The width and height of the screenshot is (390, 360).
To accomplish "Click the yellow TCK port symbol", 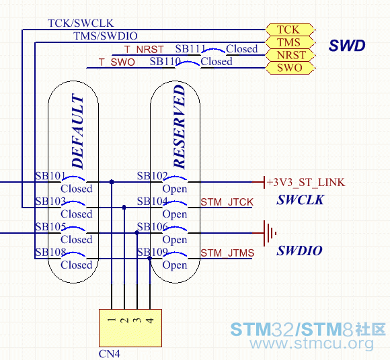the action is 290,30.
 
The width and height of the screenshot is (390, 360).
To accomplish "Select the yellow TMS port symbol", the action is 290,42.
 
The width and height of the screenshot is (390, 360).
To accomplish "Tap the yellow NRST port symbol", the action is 290,55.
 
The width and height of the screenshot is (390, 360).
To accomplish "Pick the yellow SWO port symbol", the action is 290,68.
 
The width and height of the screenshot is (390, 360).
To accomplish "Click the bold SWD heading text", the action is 347,46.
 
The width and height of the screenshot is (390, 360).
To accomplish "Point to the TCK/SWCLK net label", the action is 81,23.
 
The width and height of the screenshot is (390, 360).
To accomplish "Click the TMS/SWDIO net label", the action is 106,36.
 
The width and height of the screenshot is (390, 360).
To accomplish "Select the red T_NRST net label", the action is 144,50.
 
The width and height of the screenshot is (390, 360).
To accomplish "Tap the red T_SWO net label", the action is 117,62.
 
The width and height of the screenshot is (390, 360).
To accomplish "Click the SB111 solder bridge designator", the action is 190,49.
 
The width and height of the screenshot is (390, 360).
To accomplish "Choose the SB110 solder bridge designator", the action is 165,61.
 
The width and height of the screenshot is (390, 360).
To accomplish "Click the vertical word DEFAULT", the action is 77,131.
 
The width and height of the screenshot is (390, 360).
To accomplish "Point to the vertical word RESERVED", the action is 180,127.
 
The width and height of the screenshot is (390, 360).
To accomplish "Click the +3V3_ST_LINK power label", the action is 306,182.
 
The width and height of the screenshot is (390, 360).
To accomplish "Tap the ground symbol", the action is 270,233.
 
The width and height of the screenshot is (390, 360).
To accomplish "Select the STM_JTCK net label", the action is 227,202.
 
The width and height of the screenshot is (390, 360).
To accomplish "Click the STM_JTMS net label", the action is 227,253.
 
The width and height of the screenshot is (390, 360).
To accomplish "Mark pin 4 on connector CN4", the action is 150,320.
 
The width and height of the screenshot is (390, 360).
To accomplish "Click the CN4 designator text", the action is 110,353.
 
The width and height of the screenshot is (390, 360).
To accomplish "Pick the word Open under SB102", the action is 175,189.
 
